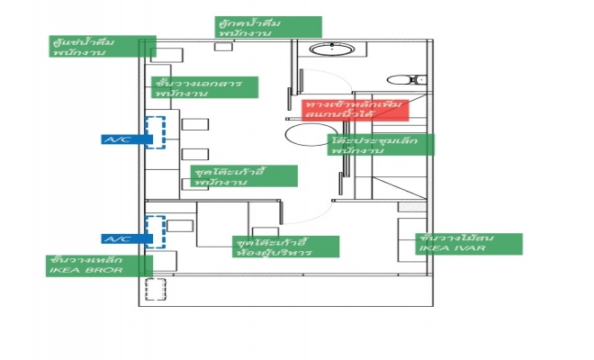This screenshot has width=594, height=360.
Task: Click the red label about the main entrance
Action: [x=355, y=111]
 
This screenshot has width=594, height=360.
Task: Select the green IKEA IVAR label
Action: [x=468, y=243]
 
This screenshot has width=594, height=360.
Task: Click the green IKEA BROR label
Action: [x=99, y=265]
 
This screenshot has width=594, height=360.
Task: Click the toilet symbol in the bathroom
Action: [x=401, y=77]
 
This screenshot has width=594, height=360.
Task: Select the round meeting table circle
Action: [x=304, y=138]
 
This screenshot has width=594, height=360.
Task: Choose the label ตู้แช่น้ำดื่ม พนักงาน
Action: [x=103, y=47]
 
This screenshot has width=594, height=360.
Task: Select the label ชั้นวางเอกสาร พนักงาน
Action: [x=205, y=87]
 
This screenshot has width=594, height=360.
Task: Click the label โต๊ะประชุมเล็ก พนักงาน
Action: [x=382, y=145]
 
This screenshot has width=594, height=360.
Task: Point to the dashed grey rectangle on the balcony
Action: [x=157, y=290]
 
